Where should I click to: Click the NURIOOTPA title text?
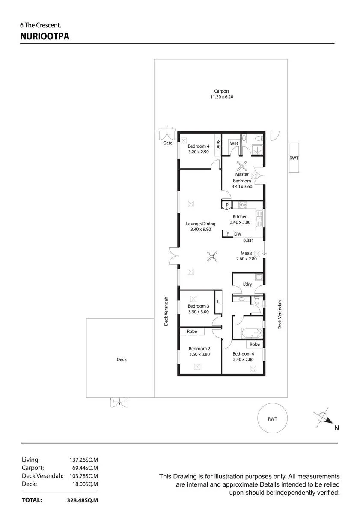[x=45, y=36]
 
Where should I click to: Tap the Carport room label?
[x=221, y=91]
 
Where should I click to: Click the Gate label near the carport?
[x=168, y=143]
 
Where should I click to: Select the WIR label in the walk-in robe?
[x=234, y=143]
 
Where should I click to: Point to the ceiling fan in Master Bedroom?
[x=242, y=166]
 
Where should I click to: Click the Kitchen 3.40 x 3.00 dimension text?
[x=240, y=222]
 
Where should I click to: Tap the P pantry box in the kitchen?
[x=227, y=205]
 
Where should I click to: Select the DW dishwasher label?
[x=238, y=234]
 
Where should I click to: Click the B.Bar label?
[x=248, y=240]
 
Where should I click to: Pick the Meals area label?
[x=246, y=253]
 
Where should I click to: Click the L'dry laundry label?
[x=247, y=284]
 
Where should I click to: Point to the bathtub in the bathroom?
[x=252, y=333]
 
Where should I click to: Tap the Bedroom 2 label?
[x=199, y=348]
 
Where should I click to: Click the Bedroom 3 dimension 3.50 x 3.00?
[x=198, y=312]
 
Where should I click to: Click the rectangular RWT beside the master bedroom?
[x=294, y=158]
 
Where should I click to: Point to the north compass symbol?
[x=323, y=417]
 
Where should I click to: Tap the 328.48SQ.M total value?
[x=82, y=500]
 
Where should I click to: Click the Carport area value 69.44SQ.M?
[x=85, y=468]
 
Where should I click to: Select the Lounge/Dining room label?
[x=201, y=224]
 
